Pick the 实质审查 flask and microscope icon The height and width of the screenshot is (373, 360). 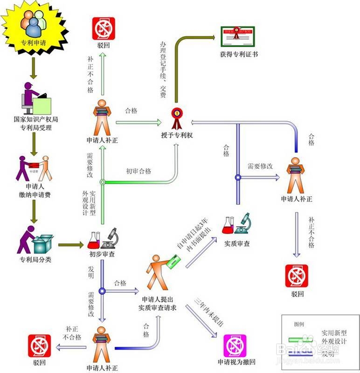click(x=237, y=224)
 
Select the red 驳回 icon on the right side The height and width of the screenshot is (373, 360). click(x=297, y=276)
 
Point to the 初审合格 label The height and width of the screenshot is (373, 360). click(x=138, y=172)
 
